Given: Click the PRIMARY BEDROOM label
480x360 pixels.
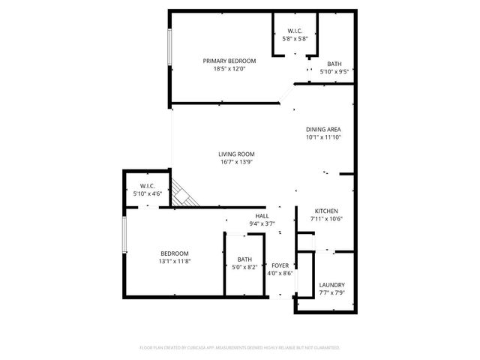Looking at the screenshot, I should click(229, 61).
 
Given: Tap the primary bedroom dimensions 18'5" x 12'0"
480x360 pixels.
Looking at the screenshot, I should click(229, 68).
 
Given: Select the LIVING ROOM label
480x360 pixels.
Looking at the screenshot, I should click(237, 154).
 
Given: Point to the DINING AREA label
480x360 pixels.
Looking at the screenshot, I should click(323, 130).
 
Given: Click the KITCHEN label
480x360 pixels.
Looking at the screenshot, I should click(325, 211).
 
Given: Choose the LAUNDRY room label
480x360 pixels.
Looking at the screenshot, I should click(331, 285).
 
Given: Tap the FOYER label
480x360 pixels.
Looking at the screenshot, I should click(280, 265).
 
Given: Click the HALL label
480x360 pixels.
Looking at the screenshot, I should click(262, 216).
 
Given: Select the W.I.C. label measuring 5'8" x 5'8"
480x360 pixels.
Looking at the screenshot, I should click(294, 31).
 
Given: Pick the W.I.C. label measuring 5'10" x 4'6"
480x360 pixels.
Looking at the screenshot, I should click(147, 186).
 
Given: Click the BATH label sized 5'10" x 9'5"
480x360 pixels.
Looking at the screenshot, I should click(334, 64).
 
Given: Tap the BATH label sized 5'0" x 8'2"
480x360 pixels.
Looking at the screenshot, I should click(244, 259).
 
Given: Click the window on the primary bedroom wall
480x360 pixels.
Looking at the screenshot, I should click(169, 50).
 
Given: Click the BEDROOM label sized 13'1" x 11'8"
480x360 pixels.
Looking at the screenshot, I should click(174, 253).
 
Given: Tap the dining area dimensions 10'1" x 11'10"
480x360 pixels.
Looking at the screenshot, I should click(323, 137).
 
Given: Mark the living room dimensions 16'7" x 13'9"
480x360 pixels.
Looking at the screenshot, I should click(237, 161).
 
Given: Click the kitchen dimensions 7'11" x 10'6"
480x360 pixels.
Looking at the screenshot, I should click(325, 219).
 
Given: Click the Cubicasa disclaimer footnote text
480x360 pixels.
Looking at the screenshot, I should click(240, 348).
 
